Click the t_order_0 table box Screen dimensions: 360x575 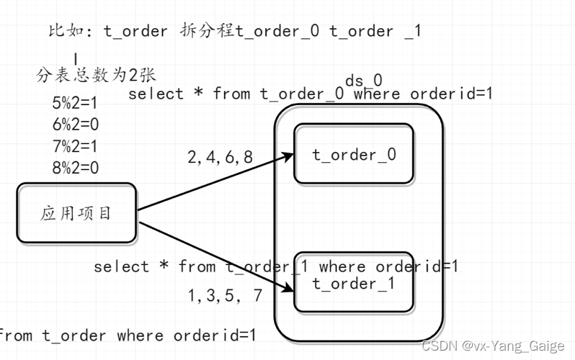353,153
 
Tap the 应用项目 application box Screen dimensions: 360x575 76,212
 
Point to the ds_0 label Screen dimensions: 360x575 363,80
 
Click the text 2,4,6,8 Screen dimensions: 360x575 220,157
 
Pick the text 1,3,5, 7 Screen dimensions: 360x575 225,294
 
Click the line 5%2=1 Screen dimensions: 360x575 75,103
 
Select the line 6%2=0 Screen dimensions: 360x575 75,125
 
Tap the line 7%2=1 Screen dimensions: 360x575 75,146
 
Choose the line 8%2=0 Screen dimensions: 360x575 75,168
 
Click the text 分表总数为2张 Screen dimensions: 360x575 96,74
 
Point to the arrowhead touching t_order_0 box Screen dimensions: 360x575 289,154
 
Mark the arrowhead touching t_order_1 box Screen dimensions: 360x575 290,289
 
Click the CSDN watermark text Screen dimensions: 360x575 493,346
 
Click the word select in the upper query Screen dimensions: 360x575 156,94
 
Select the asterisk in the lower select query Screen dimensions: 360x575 164,267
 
